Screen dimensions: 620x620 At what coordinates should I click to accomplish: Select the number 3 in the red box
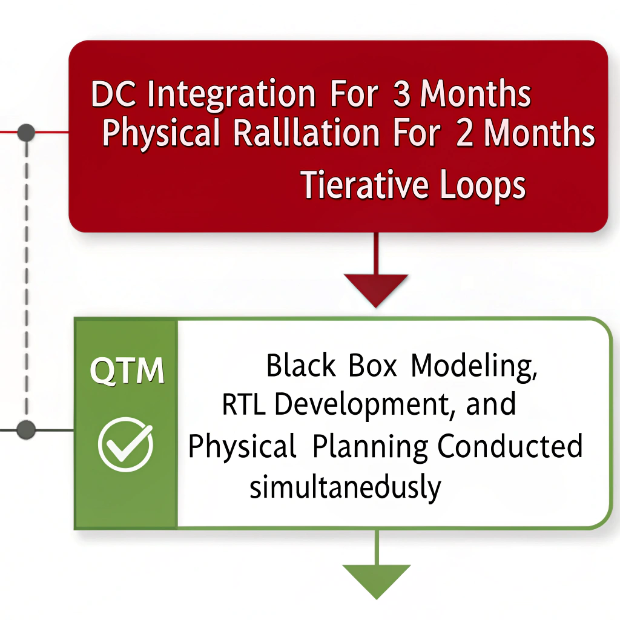(401, 95)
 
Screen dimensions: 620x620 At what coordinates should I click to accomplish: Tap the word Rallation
(306, 134)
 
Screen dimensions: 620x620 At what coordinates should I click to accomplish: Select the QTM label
(127, 371)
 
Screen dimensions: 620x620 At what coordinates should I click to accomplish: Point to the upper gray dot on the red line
(26, 133)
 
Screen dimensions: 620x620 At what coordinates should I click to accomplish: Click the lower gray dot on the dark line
(25, 430)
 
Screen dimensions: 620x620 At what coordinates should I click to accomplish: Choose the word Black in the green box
(301, 366)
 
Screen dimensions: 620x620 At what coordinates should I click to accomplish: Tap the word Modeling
(474, 367)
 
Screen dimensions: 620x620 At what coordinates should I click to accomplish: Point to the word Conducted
(510, 446)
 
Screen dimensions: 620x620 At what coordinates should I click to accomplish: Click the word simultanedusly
(345, 487)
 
